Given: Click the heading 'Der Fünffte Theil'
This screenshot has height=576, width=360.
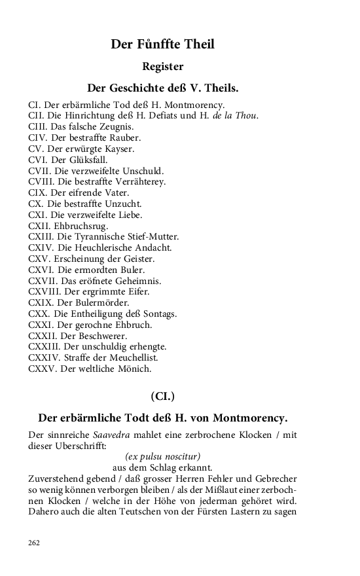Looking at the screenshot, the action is pos(162,45).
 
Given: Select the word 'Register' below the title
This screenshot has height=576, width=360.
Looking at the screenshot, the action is pos(162,66).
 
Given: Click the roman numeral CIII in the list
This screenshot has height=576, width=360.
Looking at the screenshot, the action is pos(37,127).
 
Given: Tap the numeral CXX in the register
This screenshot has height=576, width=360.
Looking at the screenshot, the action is pos(38,314).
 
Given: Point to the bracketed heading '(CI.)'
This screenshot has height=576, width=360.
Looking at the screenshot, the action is pos(162,396).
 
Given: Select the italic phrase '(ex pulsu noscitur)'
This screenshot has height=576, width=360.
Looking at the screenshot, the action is pos(162,456).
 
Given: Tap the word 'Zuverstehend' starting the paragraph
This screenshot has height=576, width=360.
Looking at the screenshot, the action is pos(56,478).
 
